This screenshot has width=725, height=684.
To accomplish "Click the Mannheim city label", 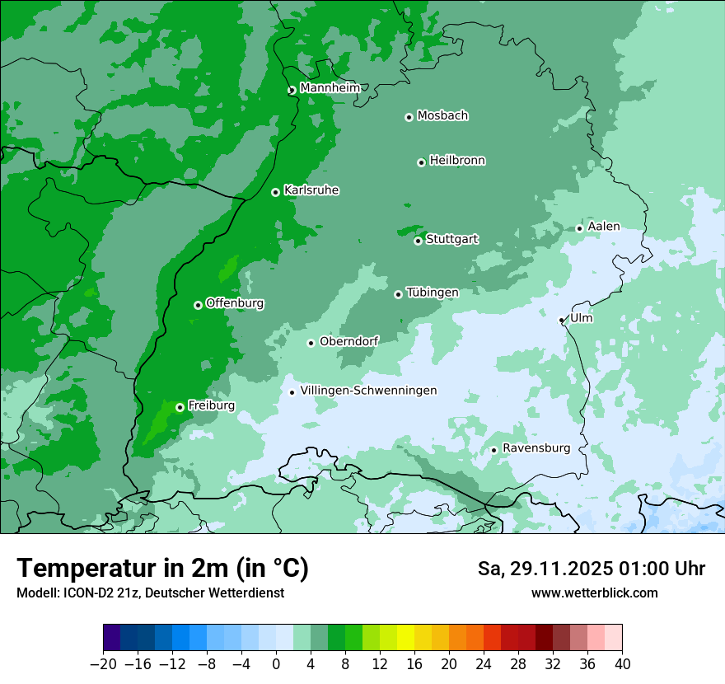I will pos(330,88).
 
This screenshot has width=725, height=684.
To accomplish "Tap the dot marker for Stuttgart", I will pos(418,241).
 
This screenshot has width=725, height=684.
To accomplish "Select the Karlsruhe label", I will pos(311,190).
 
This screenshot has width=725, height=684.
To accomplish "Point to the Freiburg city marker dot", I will pos(180,407).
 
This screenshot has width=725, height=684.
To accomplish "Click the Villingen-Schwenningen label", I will pos(368,391).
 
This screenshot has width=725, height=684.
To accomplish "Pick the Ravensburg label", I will pos(536,448).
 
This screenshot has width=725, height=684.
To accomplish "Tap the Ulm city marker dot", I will pos(562,320).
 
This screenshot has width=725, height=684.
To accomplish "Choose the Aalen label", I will pos(604,227).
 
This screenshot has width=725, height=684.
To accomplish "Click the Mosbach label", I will pos(442,116).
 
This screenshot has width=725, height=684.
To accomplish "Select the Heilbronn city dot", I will pos(421,162).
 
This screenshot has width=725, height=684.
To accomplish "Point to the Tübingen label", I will pos(433,293).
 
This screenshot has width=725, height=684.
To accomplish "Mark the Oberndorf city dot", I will pos(311,343).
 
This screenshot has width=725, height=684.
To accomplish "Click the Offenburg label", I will pos(235,303).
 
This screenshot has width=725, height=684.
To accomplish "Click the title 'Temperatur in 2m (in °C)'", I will pos(162,569).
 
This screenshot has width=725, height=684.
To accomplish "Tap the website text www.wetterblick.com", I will pos(594,593).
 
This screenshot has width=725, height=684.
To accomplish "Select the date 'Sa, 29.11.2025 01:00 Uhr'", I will pos(591,569).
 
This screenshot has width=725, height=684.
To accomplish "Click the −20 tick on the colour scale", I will pos(104,663).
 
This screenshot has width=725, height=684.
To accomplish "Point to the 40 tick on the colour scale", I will pos(622,663).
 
